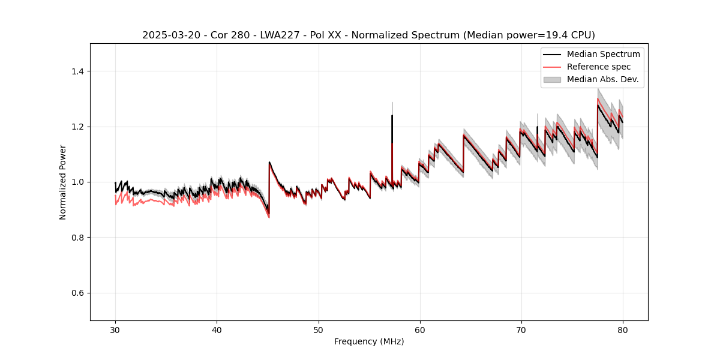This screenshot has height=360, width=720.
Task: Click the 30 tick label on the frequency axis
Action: click(115, 330)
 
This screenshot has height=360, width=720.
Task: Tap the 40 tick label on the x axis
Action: click(217, 330)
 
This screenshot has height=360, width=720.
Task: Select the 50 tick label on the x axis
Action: click(319, 330)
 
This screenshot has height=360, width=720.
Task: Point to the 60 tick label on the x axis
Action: click(420, 330)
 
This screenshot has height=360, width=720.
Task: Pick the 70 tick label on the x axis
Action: click(521, 330)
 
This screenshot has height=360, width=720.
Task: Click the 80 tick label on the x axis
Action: click(623, 330)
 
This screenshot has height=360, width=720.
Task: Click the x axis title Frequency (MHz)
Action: click(369, 341)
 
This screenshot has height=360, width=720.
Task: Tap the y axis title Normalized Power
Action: click(63, 182)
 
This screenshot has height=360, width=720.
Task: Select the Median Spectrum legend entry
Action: click(603, 54)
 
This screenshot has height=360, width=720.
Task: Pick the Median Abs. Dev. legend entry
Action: click(602, 79)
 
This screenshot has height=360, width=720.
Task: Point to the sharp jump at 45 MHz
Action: click(269, 186)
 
